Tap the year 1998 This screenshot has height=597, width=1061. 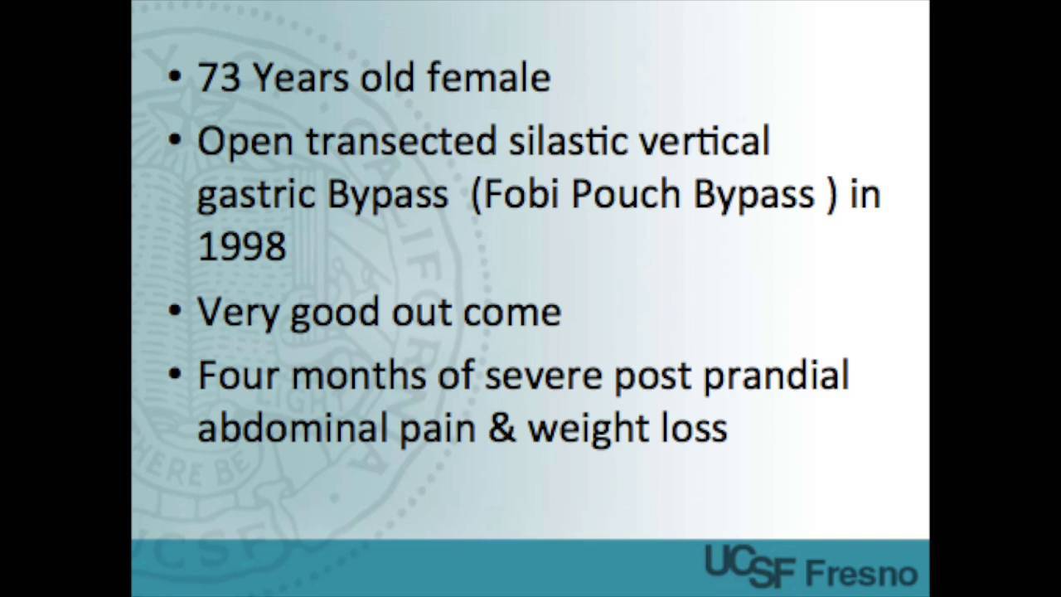(241, 246)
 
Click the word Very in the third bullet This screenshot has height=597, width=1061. (237, 313)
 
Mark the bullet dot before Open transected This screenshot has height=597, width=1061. (174, 141)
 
